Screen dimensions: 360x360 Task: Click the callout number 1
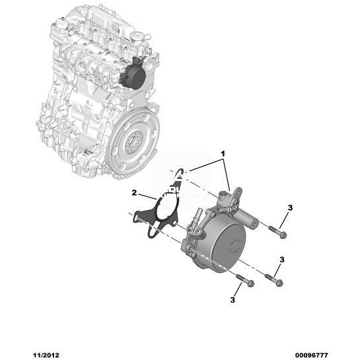click(x=223, y=154)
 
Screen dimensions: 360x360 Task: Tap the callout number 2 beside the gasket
click(x=134, y=193)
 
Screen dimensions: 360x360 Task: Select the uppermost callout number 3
click(x=290, y=208)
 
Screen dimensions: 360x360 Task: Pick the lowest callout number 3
click(x=233, y=300)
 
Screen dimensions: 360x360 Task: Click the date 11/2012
click(x=46, y=355)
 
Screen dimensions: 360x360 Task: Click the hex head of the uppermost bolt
click(x=283, y=235)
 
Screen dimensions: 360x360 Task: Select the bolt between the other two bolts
click(x=274, y=280)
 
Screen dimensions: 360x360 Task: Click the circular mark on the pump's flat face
click(x=235, y=246)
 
